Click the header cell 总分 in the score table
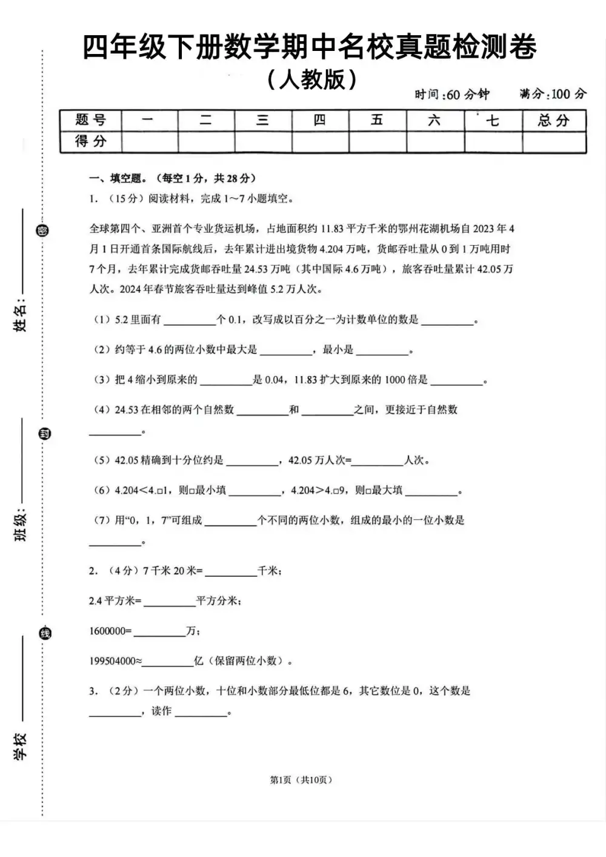[553, 120]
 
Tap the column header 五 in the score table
[377, 120]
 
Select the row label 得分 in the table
[90, 142]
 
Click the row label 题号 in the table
[90, 120]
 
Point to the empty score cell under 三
[262, 142]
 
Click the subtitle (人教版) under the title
[311, 79]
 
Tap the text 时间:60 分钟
[451, 94]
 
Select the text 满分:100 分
[553, 94]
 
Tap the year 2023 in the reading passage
[484, 229]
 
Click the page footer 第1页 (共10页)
[301, 780]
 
